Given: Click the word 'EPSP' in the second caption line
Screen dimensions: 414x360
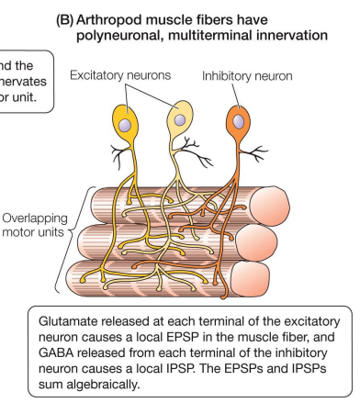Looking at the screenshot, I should point(201,341).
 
